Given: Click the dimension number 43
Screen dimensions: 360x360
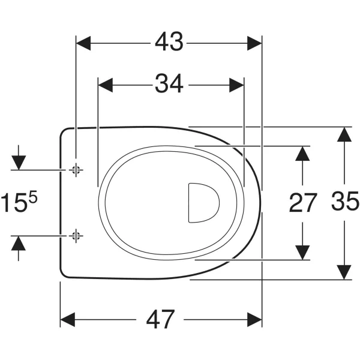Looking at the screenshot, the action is point(169,41).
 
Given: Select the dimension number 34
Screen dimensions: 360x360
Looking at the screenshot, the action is point(169,83).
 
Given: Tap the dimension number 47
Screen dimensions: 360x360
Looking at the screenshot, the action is point(160,319).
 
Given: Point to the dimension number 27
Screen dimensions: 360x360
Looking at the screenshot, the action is point(303,203).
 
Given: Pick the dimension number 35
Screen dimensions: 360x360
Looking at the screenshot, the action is point(345,201).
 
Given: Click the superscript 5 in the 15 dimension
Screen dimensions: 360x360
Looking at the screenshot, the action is point(33,197).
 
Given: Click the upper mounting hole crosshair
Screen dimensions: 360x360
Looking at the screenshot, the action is point(76,170).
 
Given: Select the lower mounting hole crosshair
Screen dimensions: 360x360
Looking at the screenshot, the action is point(76,236).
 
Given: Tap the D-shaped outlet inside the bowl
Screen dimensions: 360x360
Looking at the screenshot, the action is point(203,203).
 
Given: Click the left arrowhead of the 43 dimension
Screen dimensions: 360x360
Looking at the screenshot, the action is point(83,43).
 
